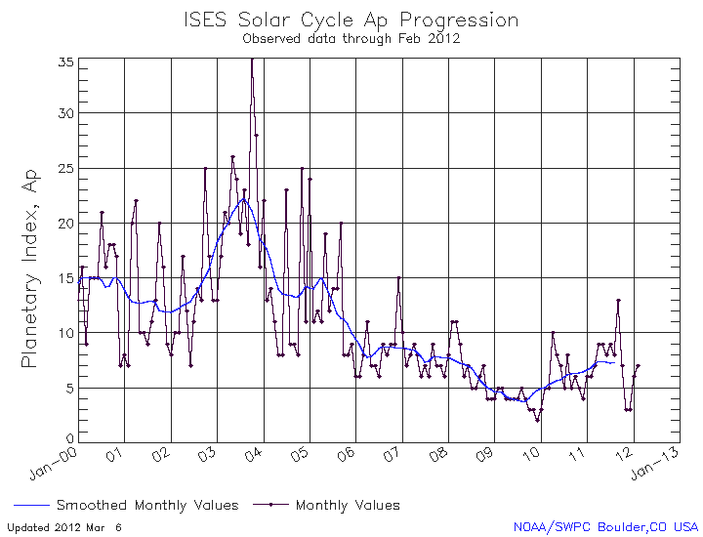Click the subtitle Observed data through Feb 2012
coord(351,39)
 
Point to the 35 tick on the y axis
coord(65,61)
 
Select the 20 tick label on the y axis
coord(65,223)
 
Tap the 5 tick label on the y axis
coord(69,388)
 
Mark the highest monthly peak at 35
coord(252,60)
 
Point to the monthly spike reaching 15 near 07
coord(398,277)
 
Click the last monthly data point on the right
coord(638,366)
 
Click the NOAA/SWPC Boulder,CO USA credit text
coord(606,527)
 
